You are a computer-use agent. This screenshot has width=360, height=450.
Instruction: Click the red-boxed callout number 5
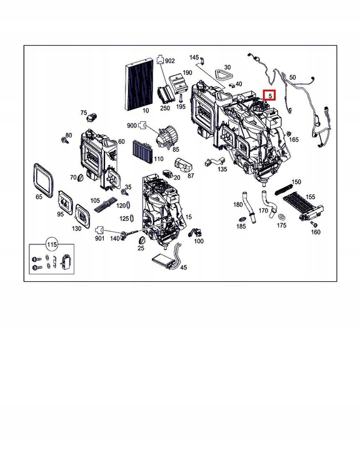[270, 96]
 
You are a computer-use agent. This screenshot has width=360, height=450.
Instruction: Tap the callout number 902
[170, 61]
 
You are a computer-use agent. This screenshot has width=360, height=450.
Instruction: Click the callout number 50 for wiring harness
[292, 77]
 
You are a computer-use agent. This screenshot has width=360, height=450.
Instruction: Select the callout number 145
[194, 57]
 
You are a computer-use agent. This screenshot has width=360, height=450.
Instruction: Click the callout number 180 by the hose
[238, 204]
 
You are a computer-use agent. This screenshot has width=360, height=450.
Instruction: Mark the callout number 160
[316, 232]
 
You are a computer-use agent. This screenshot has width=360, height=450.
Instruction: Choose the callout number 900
[131, 126]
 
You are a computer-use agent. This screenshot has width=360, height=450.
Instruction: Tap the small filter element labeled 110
[143, 151]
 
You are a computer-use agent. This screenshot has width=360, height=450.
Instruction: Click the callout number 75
[84, 113]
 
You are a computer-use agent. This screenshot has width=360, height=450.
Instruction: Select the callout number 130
[76, 229]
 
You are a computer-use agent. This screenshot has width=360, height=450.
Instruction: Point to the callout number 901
[99, 238]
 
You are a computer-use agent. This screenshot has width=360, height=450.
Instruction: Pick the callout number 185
[241, 226]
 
